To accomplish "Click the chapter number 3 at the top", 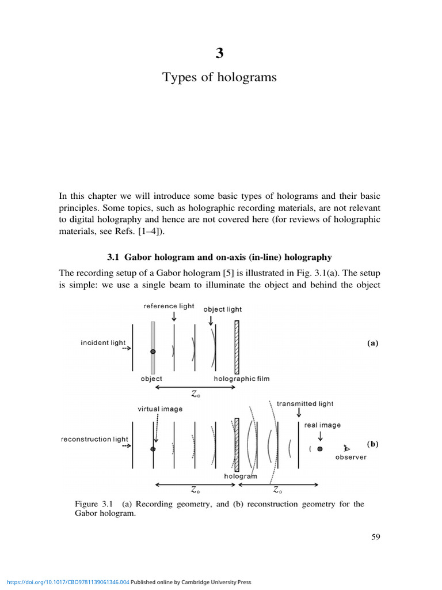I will (219, 54).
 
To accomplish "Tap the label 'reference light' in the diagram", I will (169, 306).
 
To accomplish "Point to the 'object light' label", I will (223, 309).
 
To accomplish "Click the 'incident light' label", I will (103, 343).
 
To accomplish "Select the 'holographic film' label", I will (242, 379).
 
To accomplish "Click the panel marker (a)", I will (372, 343).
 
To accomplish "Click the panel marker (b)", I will (372, 444).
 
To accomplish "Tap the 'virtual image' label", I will (160, 409).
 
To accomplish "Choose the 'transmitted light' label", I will (305, 404).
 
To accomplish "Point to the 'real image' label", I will (322, 425).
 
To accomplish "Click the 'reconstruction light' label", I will (94, 439).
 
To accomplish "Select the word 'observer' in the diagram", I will (351, 457).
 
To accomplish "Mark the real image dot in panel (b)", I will (320, 448).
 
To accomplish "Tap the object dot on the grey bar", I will (153, 351).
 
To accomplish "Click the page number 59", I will (376, 537).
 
